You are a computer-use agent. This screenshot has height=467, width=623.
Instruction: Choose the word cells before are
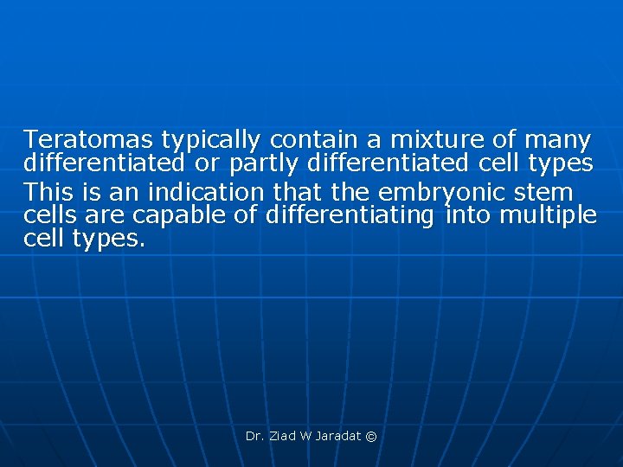[x=51, y=214]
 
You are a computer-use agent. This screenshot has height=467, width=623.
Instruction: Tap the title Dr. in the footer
[x=254, y=437]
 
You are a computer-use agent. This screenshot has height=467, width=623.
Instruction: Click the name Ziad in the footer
[x=282, y=437]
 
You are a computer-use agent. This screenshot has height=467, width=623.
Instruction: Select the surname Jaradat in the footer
[x=339, y=437]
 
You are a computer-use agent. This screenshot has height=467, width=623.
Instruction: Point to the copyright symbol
[x=371, y=437]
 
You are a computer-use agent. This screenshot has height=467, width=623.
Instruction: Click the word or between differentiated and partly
[x=203, y=163]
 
